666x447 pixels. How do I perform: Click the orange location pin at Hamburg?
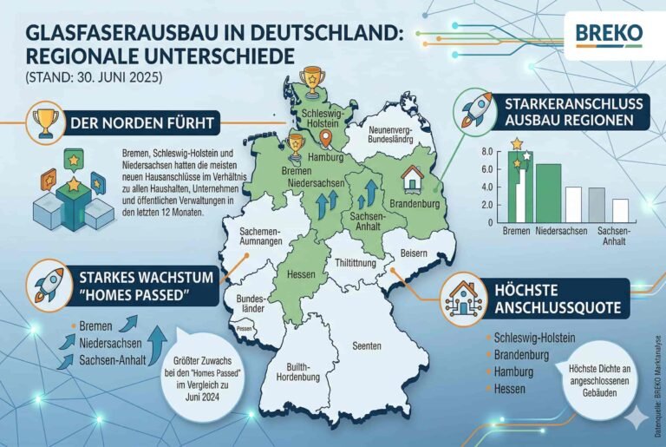coord(325,138)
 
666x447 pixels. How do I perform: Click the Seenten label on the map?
coord(367,345)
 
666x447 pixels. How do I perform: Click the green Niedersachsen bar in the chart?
coord(547,191)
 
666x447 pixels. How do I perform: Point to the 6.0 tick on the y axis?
coord(487,168)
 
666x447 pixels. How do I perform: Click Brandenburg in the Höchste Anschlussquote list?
coord(524,353)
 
